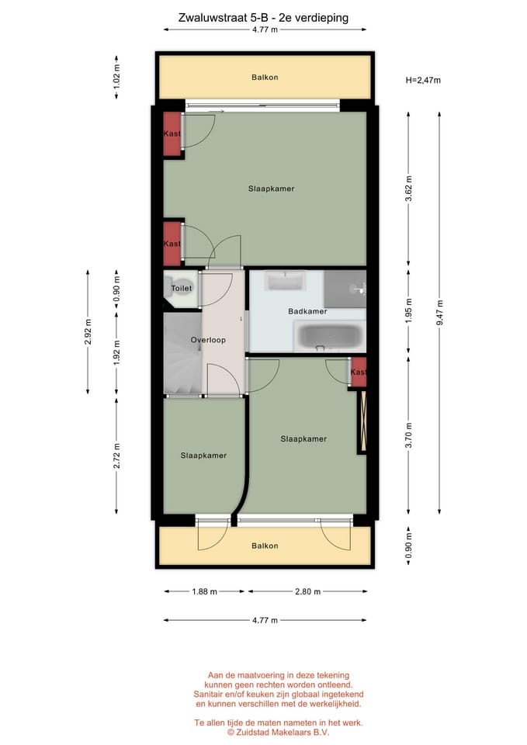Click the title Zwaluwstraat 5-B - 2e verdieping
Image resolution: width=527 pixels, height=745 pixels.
[263, 16]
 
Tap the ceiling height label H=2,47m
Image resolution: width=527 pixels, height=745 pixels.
[423, 79]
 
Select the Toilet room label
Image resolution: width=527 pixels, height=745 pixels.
[181, 289]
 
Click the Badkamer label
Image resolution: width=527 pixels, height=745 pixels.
[307, 311]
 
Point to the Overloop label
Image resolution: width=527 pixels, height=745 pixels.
[208, 341]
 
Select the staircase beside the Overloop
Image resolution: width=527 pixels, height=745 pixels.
[182, 353]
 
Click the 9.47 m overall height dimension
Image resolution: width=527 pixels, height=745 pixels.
[439, 313]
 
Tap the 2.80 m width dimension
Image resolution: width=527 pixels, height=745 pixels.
[307, 591]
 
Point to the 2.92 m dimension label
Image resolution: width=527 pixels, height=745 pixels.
[88, 331]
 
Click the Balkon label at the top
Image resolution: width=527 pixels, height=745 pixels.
[264, 78]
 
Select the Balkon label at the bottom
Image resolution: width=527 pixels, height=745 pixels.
[264, 546]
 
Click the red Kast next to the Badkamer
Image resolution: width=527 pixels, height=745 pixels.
[357, 372]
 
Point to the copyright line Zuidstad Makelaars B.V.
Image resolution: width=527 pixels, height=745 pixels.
[278, 731]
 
